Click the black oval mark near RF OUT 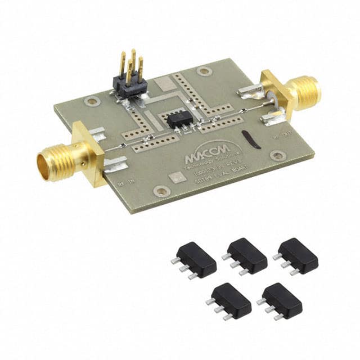[x=251, y=139]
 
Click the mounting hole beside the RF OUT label [x=277, y=156]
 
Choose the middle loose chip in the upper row [x=246, y=255]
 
